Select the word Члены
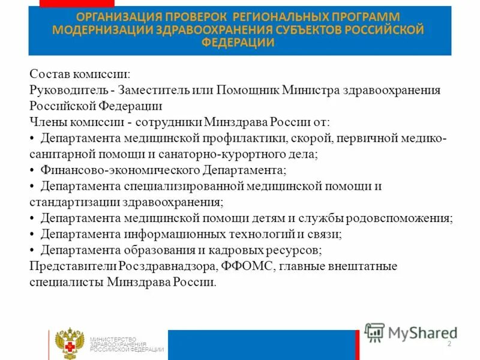click(x=46, y=122)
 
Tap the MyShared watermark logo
click(x=410, y=332)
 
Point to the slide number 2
click(x=449, y=343)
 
